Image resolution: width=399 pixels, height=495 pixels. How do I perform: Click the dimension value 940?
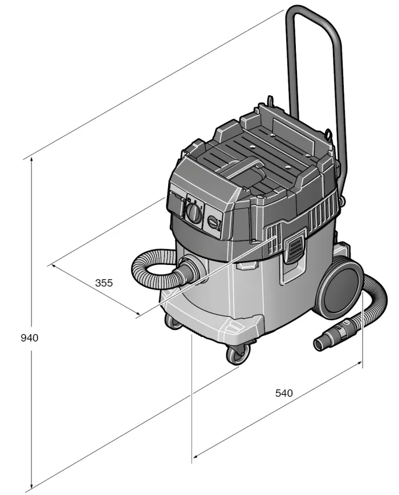pyautogui.click(x=29, y=338)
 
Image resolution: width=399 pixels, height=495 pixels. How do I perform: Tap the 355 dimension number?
pyautogui.click(x=104, y=282)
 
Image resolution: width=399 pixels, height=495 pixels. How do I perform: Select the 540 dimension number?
pyautogui.click(x=284, y=393)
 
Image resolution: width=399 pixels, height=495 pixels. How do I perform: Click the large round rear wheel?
pyautogui.click(x=341, y=288)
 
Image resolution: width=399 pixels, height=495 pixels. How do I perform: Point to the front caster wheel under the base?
pyautogui.click(x=237, y=354)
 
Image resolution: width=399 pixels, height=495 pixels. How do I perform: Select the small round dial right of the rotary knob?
pyautogui.click(x=214, y=223)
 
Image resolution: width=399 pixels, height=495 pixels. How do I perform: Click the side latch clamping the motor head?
pyautogui.click(x=294, y=249)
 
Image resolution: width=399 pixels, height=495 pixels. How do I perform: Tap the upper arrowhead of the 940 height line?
pyautogui.click(x=31, y=161)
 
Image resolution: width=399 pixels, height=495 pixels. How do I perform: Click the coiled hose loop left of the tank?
pyautogui.click(x=151, y=268)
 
